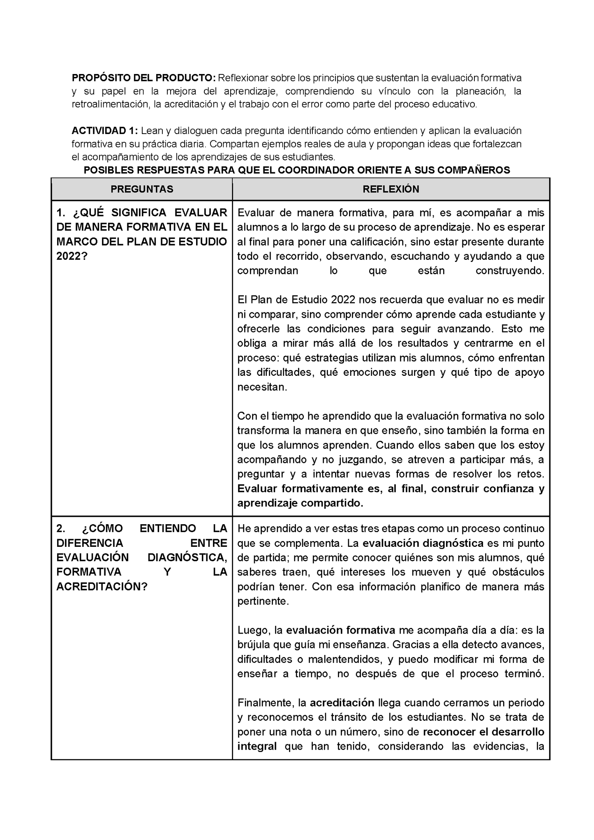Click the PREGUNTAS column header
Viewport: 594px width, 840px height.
[x=142, y=189]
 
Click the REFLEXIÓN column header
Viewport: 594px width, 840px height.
[x=391, y=189]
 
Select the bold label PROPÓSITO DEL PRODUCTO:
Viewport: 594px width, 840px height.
[x=143, y=78]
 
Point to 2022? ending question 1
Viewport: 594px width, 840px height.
[x=72, y=256]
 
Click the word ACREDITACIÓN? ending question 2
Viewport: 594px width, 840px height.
[x=102, y=587]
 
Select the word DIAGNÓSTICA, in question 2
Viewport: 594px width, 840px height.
[x=187, y=558]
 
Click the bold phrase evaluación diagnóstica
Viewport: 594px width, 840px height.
[x=423, y=543]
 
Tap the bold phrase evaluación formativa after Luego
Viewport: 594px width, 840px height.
[x=340, y=630]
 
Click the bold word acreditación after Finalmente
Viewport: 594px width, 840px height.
[x=342, y=703]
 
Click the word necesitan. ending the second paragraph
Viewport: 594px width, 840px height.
[x=262, y=387]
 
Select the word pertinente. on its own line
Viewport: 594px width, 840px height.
[x=263, y=601]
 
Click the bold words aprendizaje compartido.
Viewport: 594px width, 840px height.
[x=300, y=503]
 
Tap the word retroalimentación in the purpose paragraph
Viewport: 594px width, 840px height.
[x=110, y=104]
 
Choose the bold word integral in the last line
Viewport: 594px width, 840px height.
[x=257, y=746]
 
